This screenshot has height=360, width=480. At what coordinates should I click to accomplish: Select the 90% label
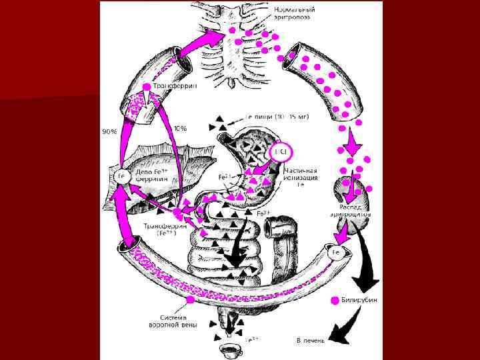109,131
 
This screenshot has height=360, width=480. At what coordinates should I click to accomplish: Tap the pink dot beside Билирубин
335,301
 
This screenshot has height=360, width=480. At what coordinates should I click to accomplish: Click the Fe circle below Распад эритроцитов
337,253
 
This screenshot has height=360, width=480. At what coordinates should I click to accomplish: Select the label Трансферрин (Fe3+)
160,229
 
